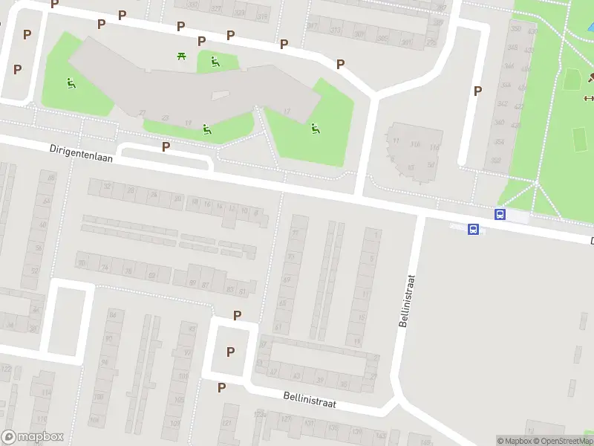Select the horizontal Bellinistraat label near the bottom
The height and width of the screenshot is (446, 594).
pyautogui.click(x=310, y=400)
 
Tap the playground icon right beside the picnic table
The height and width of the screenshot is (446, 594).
pyautogui.click(x=215, y=62)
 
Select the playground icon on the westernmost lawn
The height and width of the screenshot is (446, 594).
pyautogui.click(x=71, y=83)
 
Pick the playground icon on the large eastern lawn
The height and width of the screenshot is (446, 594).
pyautogui.click(x=316, y=128)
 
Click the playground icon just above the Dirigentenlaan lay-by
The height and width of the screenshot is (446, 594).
pyautogui.click(x=207, y=129)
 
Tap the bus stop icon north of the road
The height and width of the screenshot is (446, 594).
pyautogui.click(x=500, y=215)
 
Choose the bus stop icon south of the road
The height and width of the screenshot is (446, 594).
pyautogui.click(x=473, y=230)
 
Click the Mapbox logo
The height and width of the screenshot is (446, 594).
pyautogui.click(x=33, y=437)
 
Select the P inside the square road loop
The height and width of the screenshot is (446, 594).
pyautogui.click(x=230, y=352)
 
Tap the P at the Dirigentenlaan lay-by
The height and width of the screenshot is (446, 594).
pyautogui.click(x=166, y=146)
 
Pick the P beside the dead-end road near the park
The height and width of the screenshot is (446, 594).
pyautogui.click(x=477, y=91)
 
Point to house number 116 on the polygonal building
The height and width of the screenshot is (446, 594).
pyautogui.click(x=415, y=144)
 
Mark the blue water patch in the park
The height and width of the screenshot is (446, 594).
pyautogui.click(x=590, y=28)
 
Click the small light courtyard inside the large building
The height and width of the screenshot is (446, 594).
pyautogui.click(x=220, y=95)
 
